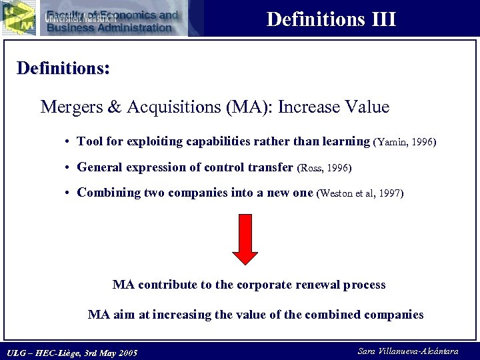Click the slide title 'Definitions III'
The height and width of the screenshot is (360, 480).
click(331, 19)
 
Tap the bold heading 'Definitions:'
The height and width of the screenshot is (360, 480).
click(63, 69)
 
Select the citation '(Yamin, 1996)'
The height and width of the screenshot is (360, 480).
click(405, 142)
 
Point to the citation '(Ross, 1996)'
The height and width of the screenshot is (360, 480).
click(323, 168)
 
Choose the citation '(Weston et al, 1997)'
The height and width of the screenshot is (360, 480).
click(360, 193)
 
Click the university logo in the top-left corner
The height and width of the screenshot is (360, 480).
click(18, 17)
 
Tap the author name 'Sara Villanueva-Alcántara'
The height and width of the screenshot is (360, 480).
click(408, 351)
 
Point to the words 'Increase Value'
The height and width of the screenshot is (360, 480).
click(333, 107)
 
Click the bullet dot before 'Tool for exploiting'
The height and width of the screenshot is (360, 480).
click(69, 142)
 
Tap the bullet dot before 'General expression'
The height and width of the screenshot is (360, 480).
click(69, 168)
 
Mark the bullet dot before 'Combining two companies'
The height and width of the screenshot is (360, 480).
click(69, 193)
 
